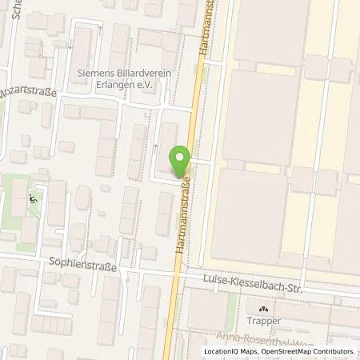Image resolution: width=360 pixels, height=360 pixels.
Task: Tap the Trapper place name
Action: (x=263, y=321)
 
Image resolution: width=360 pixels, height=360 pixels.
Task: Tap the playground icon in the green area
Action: (x=33, y=199)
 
